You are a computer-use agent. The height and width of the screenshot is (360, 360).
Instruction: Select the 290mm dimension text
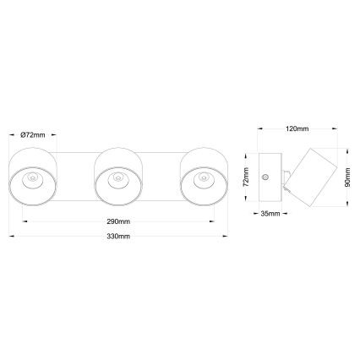[x=117, y=221]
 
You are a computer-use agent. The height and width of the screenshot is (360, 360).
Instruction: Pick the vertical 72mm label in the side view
[x=245, y=178]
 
